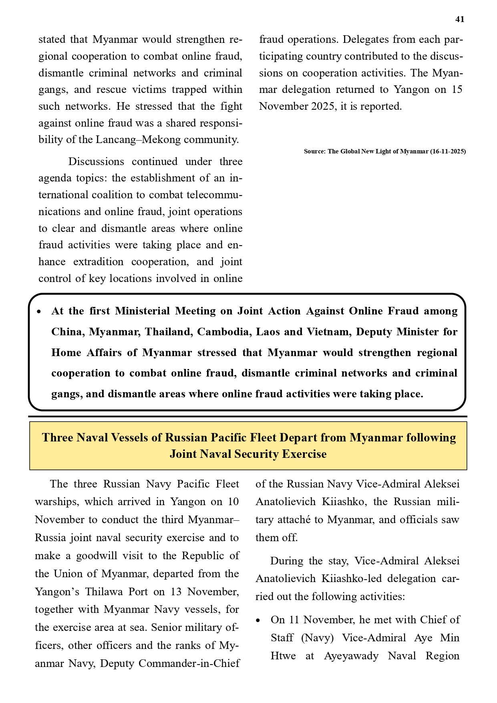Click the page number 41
coord(460,20)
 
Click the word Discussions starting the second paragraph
coord(96,161)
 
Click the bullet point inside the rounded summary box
coord(39,312)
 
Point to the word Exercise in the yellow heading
coord(305,454)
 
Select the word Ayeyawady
coord(351,656)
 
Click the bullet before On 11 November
coord(259,620)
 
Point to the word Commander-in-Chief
coord(189,663)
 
